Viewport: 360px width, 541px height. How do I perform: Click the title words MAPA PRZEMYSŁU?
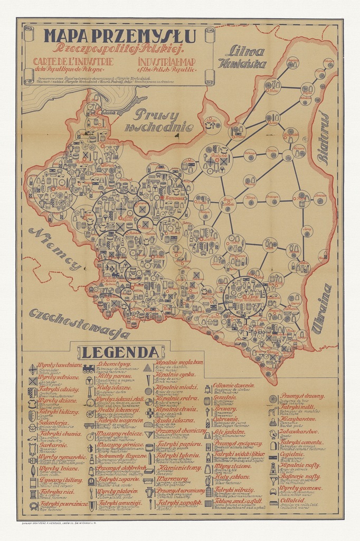pos(120,36)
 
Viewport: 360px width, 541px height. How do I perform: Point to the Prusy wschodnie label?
pos(159,120)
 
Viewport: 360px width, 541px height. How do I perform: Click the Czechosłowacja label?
pos(79,323)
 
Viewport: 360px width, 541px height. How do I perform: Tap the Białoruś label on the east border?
pos(323,138)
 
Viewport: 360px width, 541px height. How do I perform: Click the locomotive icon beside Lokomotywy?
pos(88,368)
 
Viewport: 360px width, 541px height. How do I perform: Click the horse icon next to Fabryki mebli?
pos(273,409)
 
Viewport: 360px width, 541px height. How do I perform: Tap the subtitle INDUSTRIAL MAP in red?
pos(166,62)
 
